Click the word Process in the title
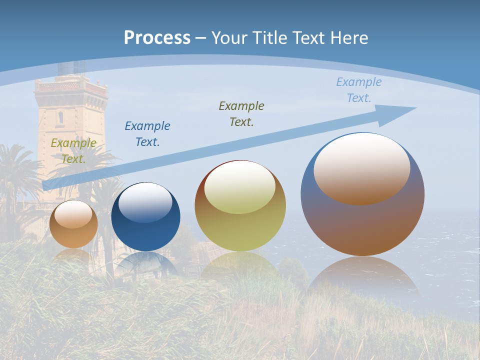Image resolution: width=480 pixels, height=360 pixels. click(157, 38)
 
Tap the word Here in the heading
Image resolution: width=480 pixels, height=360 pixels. click(348, 38)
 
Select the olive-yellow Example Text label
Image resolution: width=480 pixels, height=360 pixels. click(73, 151)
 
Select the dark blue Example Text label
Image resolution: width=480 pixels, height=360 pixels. click(147, 134)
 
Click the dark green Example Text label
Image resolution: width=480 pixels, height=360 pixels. click(241, 114)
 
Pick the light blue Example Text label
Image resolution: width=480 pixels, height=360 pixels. click(359, 90)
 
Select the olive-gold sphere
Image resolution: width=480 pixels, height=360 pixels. click(240, 230)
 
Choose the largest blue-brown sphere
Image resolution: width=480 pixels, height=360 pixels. click(362, 225)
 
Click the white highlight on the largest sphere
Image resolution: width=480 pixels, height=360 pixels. click(362, 167)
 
